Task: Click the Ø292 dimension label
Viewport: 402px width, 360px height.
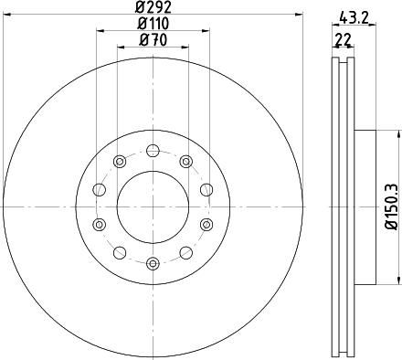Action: pyautogui.click(x=153, y=7)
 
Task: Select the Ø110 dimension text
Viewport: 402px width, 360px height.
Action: pyautogui.click(x=153, y=24)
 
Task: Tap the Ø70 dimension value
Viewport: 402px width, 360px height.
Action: pyautogui.click(x=153, y=40)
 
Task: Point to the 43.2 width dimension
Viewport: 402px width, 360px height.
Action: pyautogui.click(x=354, y=20)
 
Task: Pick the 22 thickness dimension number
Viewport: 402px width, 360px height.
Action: pyautogui.click(x=343, y=39)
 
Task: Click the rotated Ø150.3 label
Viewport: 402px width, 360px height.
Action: pyautogui.click(x=391, y=206)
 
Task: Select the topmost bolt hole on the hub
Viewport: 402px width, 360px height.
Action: pyautogui.click(x=153, y=151)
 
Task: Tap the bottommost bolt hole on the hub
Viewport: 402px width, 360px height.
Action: pyautogui.click(x=153, y=263)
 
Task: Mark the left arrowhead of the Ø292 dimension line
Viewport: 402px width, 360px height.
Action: pyautogui.click(x=6, y=15)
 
